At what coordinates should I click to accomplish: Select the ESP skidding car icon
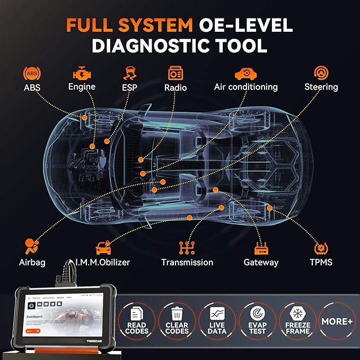(128, 73)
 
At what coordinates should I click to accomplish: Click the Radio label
(175, 87)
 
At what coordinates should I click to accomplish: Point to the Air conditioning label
(245, 87)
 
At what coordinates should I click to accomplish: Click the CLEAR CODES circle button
(177, 321)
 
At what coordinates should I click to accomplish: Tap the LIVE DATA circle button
(217, 321)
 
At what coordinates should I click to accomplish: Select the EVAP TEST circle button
(257, 321)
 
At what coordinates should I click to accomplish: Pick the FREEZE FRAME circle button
(297, 321)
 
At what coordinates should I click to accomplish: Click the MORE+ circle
(337, 321)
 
